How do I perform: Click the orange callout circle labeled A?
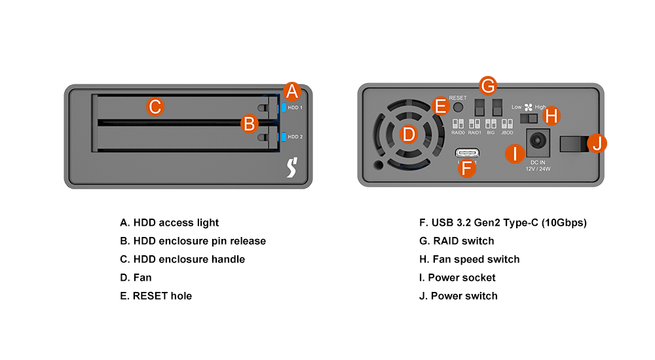click(x=292, y=92)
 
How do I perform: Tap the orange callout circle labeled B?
click(x=249, y=122)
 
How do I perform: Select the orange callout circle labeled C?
click(x=155, y=107)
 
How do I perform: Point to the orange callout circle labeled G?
click(x=488, y=85)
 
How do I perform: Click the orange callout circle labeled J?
click(x=596, y=143)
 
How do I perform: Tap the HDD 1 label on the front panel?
click(x=295, y=107)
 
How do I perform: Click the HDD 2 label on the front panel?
click(x=295, y=137)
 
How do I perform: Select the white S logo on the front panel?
click(x=293, y=169)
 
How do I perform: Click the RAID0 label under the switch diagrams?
click(x=458, y=132)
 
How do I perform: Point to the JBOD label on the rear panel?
click(x=507, y=132)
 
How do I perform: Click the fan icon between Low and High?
click(x=529, y=107)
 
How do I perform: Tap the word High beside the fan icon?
click(x=540, y=107)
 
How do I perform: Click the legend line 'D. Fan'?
click(x=136, y=278)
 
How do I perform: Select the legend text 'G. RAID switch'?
click(x=457, y=241)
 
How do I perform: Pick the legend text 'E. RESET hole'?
click(x=156, y=296)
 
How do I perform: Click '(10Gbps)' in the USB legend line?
click(x=564, y=223)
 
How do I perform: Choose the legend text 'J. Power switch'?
click(x=458, y=296)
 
